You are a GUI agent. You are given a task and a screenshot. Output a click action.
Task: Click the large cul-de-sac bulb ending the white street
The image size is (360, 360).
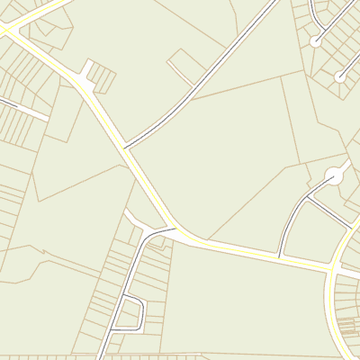[335, 176]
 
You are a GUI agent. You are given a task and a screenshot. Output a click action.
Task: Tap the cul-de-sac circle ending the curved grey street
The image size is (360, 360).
[315, 41]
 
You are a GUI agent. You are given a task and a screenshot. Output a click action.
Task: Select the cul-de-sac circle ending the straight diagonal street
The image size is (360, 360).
[340, 77]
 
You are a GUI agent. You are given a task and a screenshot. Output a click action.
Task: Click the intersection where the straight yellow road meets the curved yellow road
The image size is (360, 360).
[333, 267]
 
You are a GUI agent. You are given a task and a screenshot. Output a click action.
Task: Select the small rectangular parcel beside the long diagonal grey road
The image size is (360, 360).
[187, 63]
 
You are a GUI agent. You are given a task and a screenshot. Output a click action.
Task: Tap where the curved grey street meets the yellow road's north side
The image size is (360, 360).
[281, 256]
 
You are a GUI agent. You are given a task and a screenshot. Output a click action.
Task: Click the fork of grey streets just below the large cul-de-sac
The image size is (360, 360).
[307, 197]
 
